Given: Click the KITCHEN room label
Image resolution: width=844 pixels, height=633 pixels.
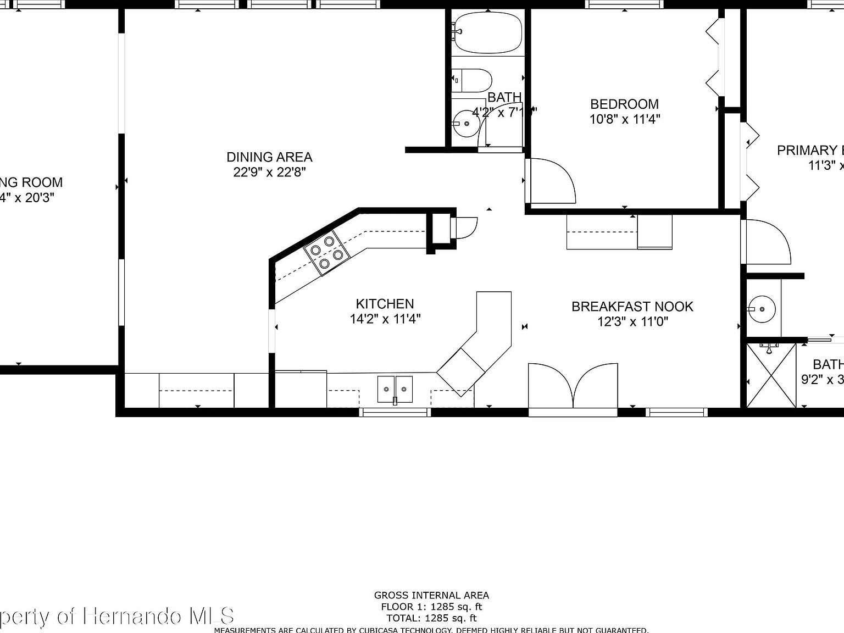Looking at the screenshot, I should point(385,304).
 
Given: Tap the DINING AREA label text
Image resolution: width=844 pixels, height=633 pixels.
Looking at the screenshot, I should point(269,157).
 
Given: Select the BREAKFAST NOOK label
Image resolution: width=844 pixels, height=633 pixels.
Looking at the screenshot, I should point(632,307).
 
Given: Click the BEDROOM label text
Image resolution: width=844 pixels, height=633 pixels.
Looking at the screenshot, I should point(624,104).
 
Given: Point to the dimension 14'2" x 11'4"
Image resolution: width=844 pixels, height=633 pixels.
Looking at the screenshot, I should point(385,319).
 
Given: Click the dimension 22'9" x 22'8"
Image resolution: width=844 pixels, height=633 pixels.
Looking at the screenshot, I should point(269,172).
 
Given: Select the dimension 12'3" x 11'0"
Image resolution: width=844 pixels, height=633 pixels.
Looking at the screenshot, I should point(632,321).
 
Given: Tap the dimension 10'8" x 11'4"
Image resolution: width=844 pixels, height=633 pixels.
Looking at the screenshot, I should point(624,119).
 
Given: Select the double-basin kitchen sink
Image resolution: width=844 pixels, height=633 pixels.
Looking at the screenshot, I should point(395,389).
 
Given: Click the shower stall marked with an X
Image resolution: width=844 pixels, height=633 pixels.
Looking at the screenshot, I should point(771,375).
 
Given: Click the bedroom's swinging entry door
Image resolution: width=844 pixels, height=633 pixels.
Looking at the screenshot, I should point(551,181).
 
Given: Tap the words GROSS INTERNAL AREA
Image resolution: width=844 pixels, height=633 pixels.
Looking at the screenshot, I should point(431,595).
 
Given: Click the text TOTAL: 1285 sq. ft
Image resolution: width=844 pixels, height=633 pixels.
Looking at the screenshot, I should point(431,618).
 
